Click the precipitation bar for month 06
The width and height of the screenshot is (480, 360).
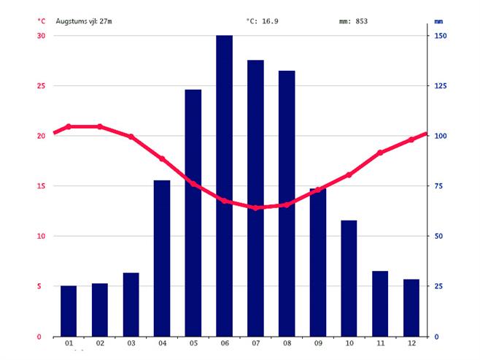224,185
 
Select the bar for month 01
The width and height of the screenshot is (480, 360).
69,310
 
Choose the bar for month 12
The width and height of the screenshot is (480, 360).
411,307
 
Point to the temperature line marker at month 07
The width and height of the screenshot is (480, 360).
255,207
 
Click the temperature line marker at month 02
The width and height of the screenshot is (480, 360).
100,126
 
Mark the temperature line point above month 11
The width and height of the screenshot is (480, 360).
380,153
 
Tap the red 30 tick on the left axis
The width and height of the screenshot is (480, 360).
41,36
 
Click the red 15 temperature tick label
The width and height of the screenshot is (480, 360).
41,186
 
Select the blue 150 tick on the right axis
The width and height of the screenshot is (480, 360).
441,36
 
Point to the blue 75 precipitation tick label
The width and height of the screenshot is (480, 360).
440,186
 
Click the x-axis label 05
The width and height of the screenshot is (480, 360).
193,343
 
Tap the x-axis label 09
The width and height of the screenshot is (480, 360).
318,343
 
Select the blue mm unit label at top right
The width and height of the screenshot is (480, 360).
438,21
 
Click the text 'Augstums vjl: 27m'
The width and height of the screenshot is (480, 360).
84,21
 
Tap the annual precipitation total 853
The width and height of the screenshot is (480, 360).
361,21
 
